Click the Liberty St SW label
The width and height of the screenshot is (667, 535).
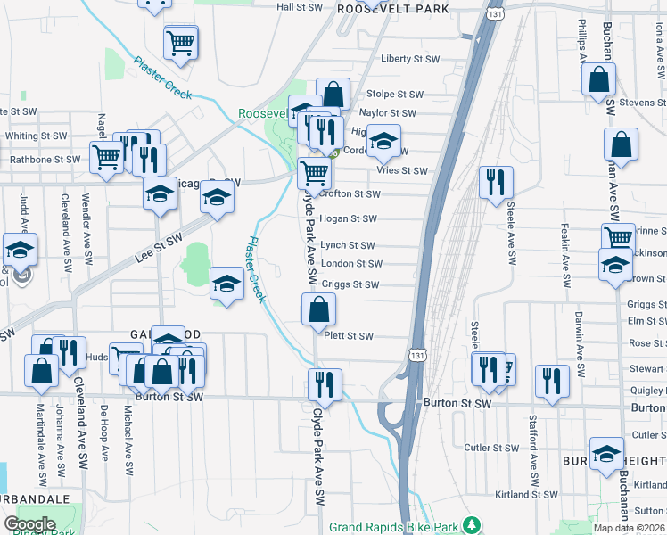[410, 59]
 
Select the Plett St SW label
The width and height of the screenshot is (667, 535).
[349, 336]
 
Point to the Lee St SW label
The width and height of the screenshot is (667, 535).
[159, 244]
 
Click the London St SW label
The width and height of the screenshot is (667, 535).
[351, 264]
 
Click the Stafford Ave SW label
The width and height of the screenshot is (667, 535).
[533, 467]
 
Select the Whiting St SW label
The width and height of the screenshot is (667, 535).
[36, 136]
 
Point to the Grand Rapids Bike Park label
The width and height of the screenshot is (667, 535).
[398, 527]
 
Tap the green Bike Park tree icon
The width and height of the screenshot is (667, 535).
[476, 526]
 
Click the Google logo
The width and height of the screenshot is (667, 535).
[29, 524]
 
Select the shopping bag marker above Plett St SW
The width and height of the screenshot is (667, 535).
[318, 310]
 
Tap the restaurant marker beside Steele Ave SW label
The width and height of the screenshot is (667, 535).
[495, 182]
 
